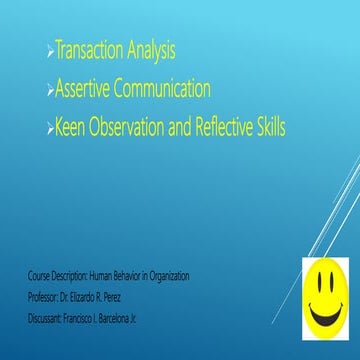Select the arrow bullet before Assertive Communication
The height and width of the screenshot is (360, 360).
[51, 92]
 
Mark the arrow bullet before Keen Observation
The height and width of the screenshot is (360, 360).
[51, 130]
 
